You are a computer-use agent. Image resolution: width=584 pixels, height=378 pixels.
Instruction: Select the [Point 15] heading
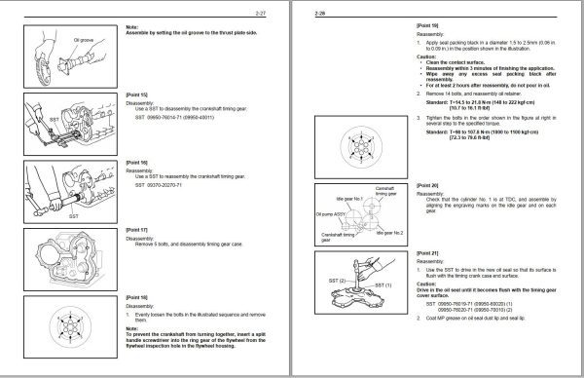[x=137, y=95]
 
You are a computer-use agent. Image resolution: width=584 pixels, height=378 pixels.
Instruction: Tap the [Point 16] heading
[x=137, y=163]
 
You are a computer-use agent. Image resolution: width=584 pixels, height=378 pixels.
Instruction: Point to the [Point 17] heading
[x=137, y=229]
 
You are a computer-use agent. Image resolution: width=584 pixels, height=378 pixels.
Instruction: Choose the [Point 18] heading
[x=137, y=295]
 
